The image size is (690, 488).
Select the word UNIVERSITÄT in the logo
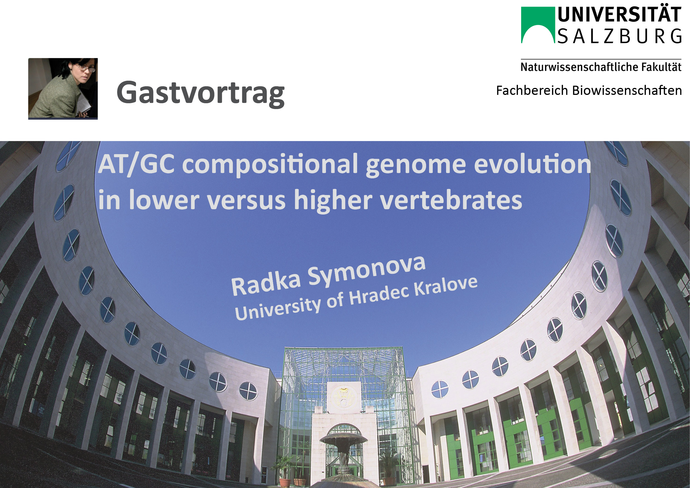click(619, 15)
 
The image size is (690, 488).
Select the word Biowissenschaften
click(627, 90)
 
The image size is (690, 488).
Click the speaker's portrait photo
click(63, 89)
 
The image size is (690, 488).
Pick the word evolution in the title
click(533, 164)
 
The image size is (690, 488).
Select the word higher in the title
click(333, 201)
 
